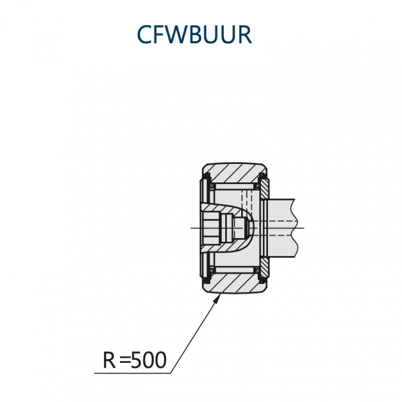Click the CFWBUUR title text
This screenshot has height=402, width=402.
(194, 34)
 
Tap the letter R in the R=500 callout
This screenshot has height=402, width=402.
(109, 360)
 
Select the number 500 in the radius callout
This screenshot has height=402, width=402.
(149, 360)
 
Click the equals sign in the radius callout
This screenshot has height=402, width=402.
(125, 360)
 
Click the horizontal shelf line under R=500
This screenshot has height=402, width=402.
(132, 373)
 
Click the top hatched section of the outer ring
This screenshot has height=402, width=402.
(235, 173)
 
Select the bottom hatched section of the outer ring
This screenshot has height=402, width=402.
(235, 283)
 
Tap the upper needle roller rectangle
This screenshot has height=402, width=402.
(235, 186)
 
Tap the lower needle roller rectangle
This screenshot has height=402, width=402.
(235, 270)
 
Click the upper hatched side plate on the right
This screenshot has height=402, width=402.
(264, 189)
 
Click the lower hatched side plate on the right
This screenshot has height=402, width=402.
(264, 267)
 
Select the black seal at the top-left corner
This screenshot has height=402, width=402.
(207, 177)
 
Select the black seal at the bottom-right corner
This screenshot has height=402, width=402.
(262, 279)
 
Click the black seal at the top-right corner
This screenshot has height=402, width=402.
(262, 177)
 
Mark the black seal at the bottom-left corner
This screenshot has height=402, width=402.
(207, 279)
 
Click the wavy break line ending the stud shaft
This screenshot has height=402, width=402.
(295, 228)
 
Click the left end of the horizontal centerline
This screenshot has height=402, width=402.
(191, 228)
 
